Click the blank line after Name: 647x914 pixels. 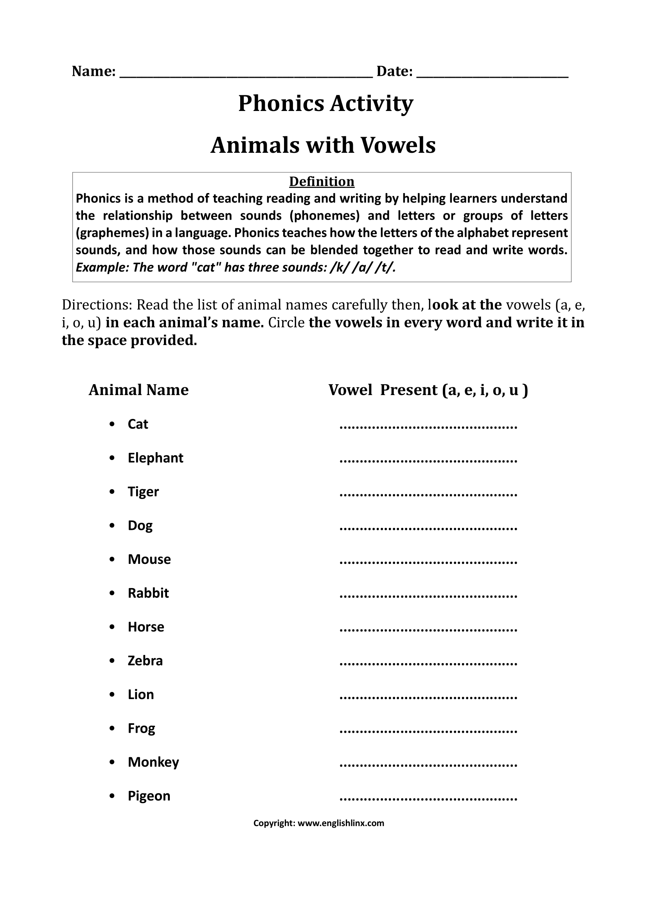246,76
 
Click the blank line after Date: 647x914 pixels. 492,76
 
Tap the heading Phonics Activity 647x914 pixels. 325,104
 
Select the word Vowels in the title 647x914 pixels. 398,145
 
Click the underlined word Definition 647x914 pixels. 322,182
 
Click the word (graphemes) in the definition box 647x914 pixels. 112,233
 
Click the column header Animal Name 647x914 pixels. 138,390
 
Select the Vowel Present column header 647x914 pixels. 428,390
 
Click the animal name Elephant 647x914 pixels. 155,458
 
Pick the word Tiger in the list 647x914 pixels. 143,492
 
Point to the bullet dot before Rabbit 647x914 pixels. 112,594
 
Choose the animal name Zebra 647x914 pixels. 145,661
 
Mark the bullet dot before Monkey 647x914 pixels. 112,762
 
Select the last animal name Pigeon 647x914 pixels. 149,796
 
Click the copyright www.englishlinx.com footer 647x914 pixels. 319,823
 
